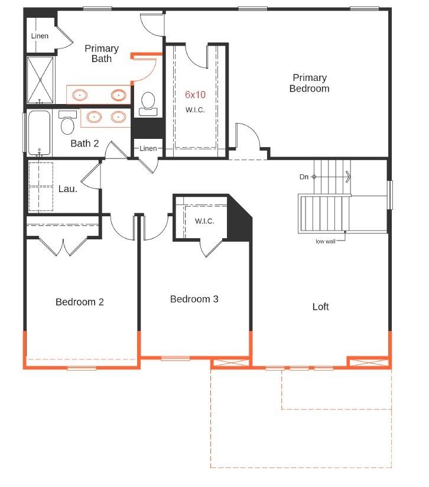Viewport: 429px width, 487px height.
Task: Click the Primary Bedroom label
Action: (309, 83)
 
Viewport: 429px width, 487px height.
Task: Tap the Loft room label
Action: (320, 307)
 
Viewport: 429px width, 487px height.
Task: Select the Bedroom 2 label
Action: (80, 302)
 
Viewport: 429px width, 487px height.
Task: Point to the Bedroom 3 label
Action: (194, 299)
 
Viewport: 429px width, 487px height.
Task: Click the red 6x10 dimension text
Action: (195, 95)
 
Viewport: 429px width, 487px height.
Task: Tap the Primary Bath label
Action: (101, 53)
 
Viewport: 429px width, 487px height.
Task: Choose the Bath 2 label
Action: (84, 143)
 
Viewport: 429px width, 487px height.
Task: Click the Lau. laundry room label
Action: (68, 189)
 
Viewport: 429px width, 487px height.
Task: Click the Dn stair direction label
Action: (304, 177)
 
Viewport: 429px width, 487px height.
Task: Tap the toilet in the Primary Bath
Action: (148, 103)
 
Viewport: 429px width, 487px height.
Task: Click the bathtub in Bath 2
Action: (40, 133)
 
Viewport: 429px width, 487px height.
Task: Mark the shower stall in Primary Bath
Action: (40, 80)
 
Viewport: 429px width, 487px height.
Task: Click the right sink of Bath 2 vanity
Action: (119, 117)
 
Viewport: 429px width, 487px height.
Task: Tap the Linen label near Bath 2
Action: (148, 148)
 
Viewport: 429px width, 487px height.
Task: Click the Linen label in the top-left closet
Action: (40, 36)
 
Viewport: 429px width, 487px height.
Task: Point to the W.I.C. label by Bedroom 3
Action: (204, 221)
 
